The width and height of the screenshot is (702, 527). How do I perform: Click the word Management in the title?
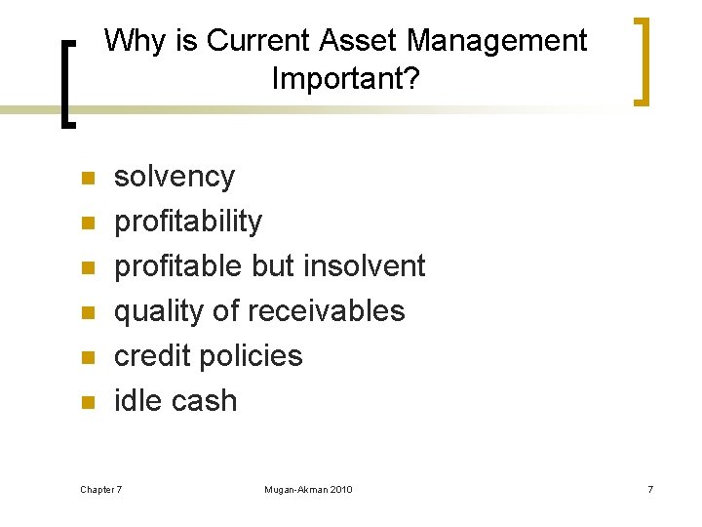point(497,41)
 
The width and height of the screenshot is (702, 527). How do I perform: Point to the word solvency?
point(175,177)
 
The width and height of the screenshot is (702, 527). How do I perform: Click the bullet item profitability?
point(188,222)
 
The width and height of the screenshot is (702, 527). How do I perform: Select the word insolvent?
point(365,265)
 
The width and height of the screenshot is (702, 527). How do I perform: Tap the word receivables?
point(326,310)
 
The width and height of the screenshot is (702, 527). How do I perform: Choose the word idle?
point(137,400)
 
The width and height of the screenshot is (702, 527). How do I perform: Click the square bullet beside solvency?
point(87,179)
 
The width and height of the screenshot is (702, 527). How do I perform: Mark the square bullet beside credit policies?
point(87,357)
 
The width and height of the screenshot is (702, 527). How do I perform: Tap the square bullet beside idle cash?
point(87,402)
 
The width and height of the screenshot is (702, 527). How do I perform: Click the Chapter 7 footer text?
point(101,488)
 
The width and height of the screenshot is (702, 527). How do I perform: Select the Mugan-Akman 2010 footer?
point(308,488)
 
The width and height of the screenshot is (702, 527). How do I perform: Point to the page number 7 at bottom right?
point(649,488)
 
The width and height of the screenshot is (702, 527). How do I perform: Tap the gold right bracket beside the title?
point(641,61)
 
